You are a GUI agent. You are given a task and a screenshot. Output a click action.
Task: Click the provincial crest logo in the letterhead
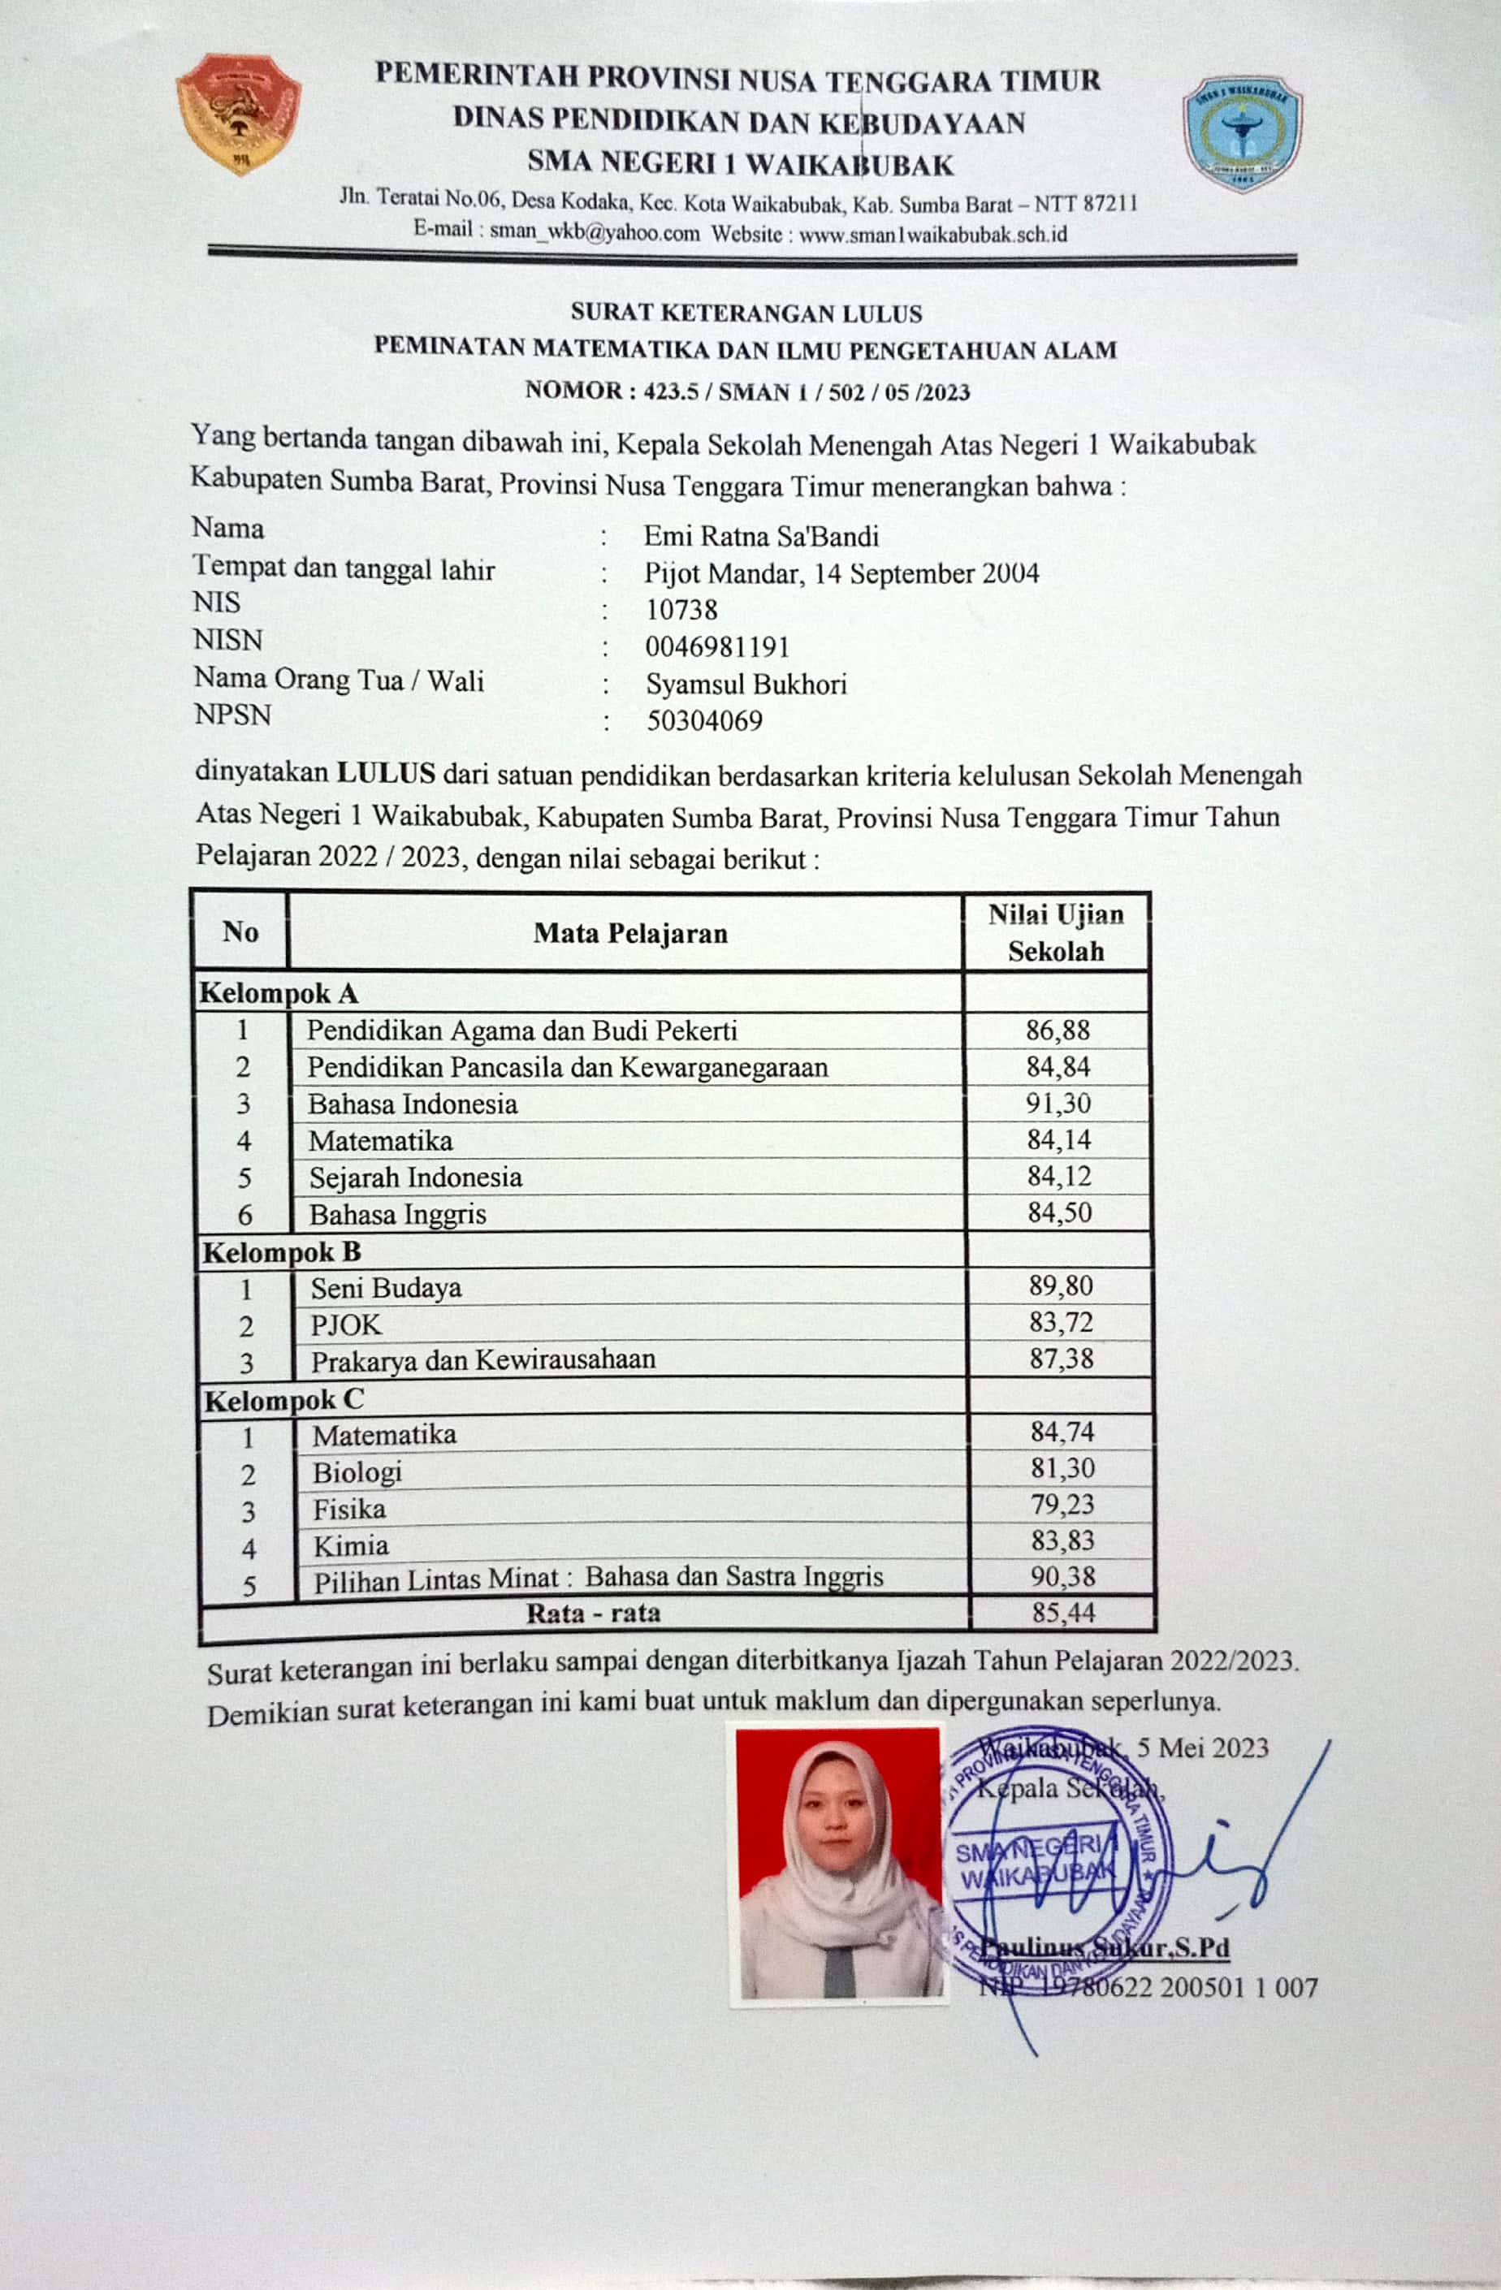(239, 114)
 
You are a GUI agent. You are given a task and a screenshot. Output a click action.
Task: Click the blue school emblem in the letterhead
(1242, 134)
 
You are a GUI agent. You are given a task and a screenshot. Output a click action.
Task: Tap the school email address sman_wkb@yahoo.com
(595, 232)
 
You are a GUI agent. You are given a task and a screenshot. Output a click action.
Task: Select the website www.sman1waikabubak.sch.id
(932, 234)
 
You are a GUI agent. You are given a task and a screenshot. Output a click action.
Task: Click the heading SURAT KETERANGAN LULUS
(746, 313)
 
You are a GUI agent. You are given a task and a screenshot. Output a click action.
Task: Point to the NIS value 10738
(681, 610)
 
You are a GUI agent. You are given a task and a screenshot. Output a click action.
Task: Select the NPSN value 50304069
(704, 720)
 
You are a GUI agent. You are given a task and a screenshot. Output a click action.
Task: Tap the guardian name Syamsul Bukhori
(746, 684)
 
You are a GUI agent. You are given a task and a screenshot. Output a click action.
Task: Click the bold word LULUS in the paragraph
(385, 772)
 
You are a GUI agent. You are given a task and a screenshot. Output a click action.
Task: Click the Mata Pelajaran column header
(630, 932)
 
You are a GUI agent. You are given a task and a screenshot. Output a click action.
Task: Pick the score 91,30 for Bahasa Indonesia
(1058, 1103)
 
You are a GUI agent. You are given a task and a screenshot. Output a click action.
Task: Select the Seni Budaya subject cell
(386, 1287)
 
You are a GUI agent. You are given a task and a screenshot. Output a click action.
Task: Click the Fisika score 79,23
(1062, 1504)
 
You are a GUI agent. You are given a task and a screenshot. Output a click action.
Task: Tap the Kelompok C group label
(283, 1400)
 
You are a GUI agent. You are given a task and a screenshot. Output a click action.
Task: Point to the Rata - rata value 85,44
(1063, 1613)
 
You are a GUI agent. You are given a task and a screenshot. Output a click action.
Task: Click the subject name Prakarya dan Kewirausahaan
(483, 1359)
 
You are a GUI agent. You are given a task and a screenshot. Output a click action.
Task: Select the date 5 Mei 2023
(1203, 1748)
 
